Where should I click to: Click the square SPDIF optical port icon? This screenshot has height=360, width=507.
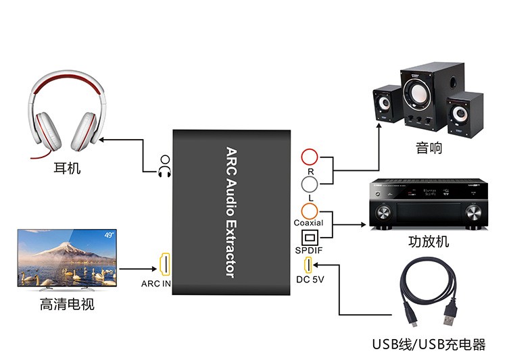point(309,238)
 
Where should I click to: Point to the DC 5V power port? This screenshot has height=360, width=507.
point(308,264)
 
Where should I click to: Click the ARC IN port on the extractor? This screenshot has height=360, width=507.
point(164,263)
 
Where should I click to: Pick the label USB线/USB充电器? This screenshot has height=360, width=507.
point(429,344)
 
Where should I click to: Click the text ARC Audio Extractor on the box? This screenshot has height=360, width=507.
point(230,212)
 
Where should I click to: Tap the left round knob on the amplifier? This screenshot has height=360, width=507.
point(383,213)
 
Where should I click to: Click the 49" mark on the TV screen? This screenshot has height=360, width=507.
point(109,234)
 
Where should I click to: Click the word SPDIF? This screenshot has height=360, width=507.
point(310,251)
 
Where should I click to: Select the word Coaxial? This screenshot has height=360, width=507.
point(308,223)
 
